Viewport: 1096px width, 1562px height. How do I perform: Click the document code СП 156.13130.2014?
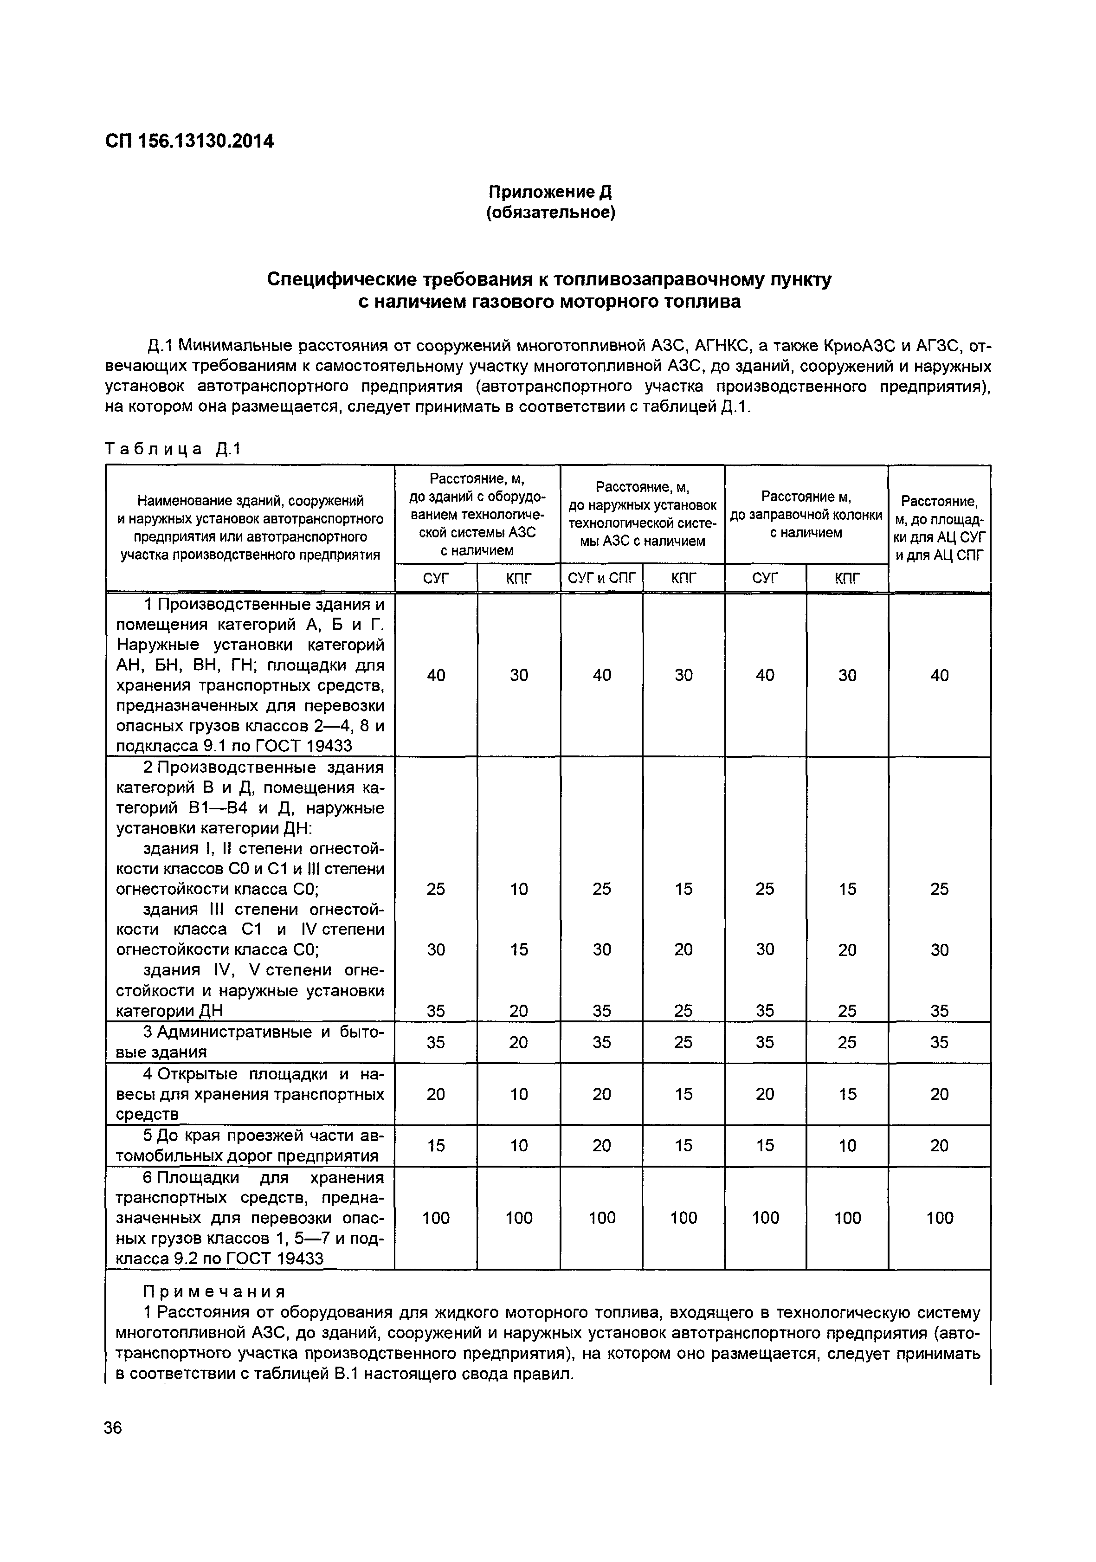189,142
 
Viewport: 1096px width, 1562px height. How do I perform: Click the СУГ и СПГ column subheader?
601,578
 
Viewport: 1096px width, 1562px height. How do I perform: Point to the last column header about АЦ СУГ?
939,528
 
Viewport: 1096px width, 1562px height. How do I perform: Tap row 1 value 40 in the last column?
939,675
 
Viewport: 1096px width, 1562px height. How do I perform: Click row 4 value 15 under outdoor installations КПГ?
683,1094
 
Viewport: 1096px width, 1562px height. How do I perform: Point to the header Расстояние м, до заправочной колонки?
806,514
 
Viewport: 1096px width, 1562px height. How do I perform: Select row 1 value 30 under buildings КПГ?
518,675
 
